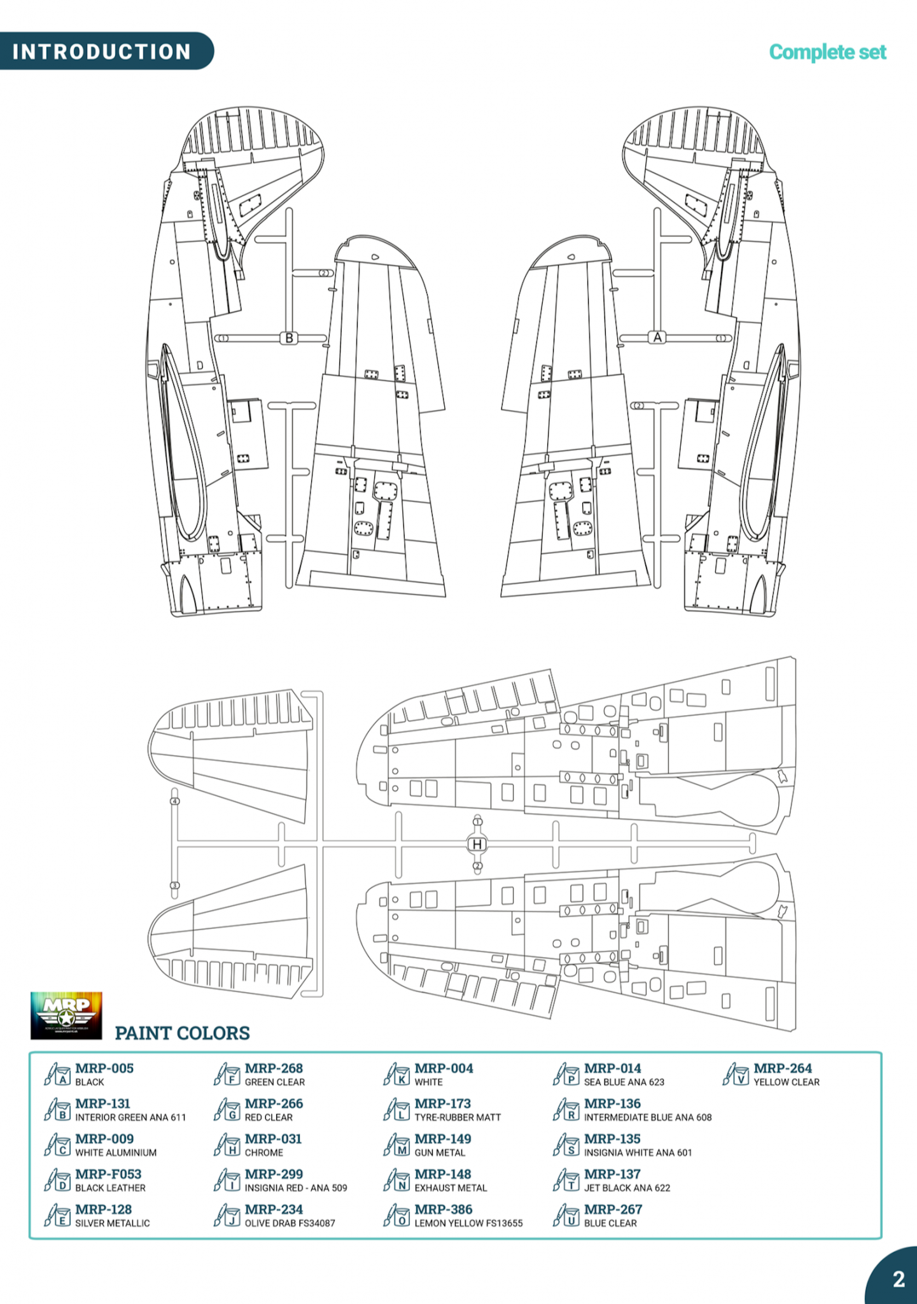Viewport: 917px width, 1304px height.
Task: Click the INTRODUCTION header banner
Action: [102, 52]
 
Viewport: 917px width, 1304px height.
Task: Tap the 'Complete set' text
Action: [827, 52]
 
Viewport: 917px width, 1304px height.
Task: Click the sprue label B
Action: [289, 338]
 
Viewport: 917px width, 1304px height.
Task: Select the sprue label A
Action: [657, 337]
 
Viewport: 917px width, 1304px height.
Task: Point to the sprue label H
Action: [477, 844]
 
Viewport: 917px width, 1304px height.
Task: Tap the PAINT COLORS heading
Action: [182, 1033]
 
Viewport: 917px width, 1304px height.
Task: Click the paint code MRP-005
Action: [104, 1068]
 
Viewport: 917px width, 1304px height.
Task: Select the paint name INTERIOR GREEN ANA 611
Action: [130, 1117]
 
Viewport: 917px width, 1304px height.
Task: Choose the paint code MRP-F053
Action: [108, 1174]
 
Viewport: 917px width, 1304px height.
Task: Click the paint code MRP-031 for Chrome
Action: [273, 1139]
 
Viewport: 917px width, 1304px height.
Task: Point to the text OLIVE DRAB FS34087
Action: [290, 1223]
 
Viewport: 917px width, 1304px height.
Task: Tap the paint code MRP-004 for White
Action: [444, 1068]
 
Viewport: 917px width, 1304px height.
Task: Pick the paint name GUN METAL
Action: [440, 1152]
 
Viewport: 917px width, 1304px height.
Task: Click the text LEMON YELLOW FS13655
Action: [468, 1223]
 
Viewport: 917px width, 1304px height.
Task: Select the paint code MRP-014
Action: [612, 1068]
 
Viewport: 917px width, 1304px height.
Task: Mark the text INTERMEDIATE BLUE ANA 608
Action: [648, 1117]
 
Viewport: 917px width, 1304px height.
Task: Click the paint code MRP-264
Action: [783, 1068]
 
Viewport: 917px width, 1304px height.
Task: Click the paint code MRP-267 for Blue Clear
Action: [613, 1209]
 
